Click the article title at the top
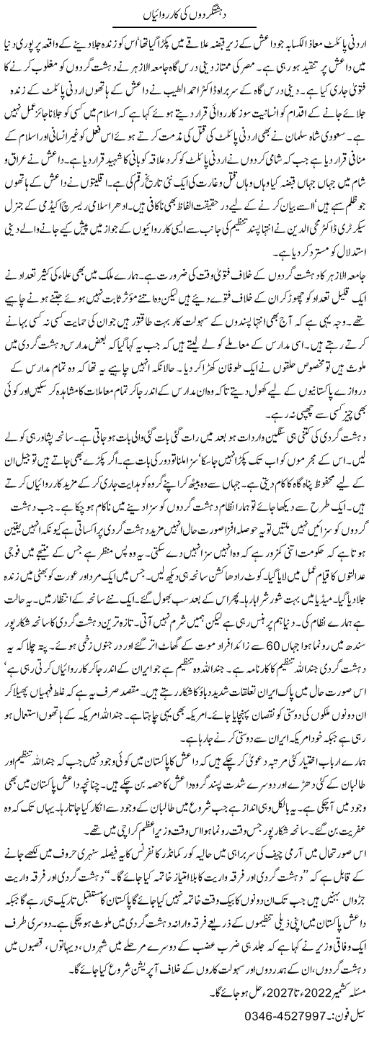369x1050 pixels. click(x=184, y=12)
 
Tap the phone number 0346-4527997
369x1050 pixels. click(x=246, y=1036)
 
